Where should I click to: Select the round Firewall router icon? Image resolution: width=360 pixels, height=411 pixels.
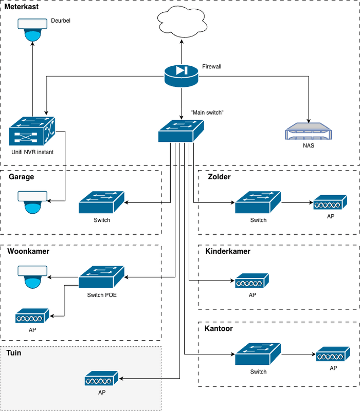coord(182,76)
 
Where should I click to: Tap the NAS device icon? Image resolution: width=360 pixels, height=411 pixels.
coord(308,132)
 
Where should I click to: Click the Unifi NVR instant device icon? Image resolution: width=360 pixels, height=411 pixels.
coord(32,131)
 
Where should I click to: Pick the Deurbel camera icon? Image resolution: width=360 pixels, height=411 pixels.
coord(32,30)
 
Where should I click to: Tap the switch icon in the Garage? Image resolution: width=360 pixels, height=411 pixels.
coord(102,203)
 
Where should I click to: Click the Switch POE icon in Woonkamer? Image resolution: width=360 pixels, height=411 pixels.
coord(101,277)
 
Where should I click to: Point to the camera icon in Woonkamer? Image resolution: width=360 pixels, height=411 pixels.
coord(32,277)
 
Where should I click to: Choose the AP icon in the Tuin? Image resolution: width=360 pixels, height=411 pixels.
coord(101,380)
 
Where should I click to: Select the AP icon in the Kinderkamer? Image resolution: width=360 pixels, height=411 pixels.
coord(252,281)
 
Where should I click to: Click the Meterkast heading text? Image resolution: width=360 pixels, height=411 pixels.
coord(21,7)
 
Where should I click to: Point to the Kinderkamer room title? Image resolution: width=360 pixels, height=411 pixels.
coord(228,252)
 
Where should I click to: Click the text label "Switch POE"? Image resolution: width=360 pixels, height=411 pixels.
coord(102,295)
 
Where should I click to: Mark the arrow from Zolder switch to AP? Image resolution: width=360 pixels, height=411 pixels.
coord(297,203)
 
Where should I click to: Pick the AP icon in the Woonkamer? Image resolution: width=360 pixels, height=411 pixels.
coord(32,315)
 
